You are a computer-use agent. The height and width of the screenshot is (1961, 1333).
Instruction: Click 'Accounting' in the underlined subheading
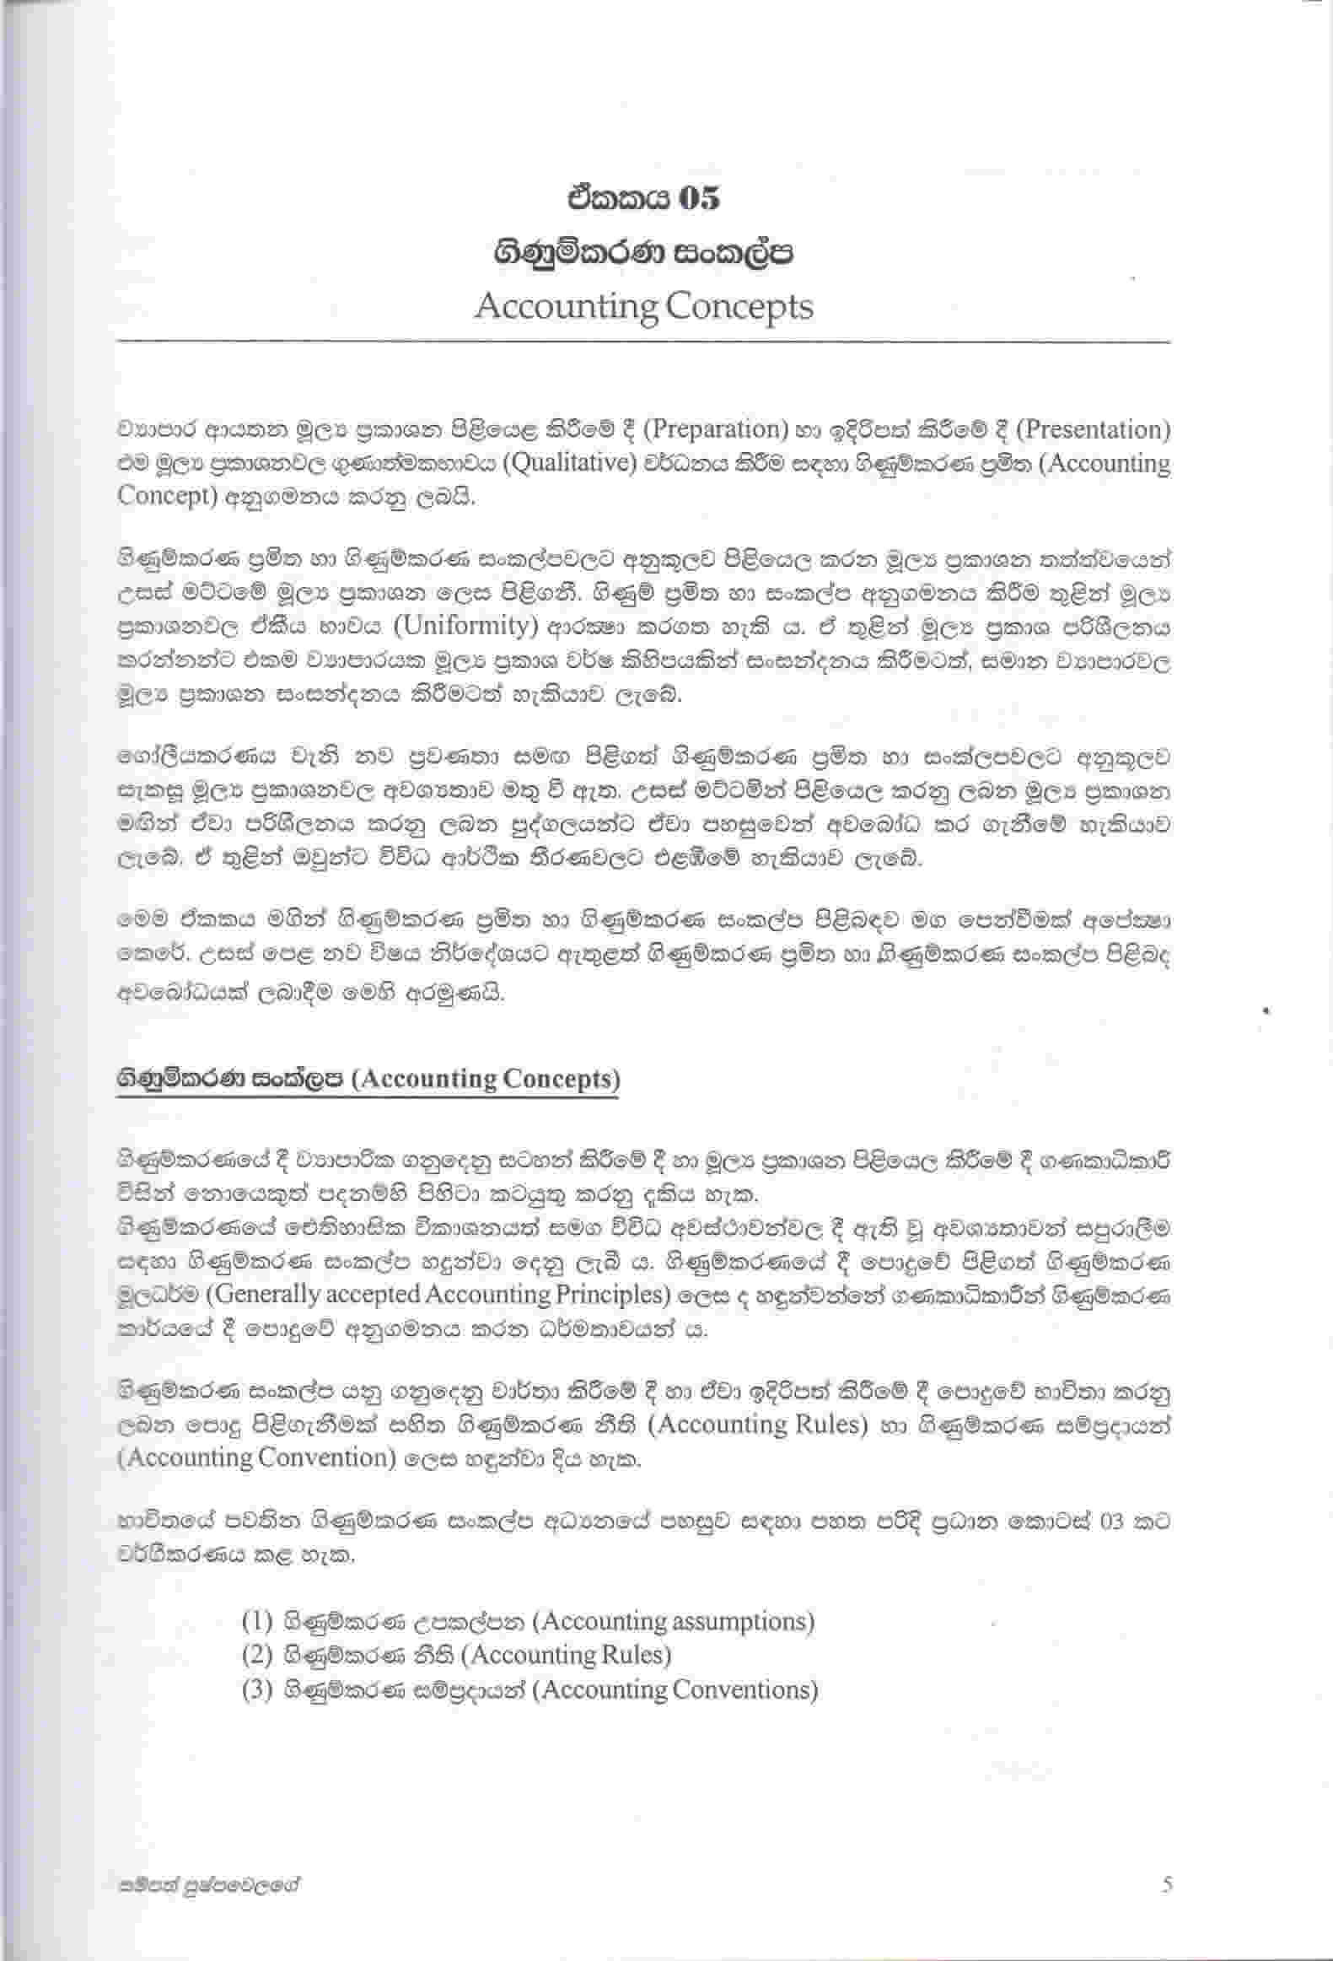tap(428, 1080)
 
